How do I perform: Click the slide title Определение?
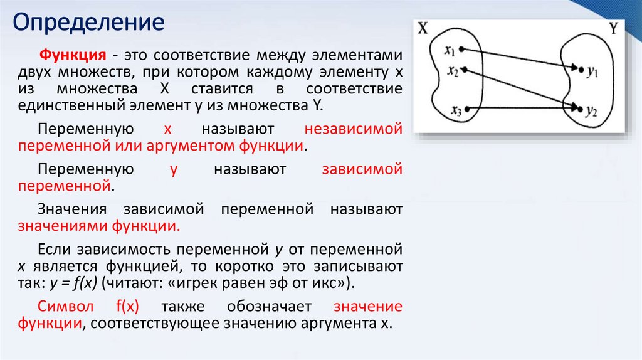[x=89, y=23]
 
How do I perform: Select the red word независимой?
[x=353, y=129]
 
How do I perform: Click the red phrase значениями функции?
[x=99, y=226]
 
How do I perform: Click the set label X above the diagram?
[x=423, y=29]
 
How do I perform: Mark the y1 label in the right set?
[x=592, y=72]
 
